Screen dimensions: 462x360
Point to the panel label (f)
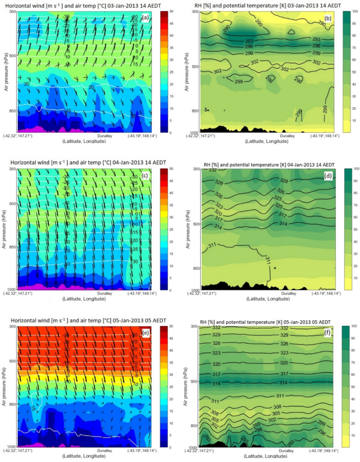(x=327, y=332)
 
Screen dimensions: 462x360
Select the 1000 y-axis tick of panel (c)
(x=11, y=290)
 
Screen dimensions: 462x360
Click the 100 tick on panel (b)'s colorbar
(x=353, y=12)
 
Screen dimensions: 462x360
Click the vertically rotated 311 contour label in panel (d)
(x=267, y=260)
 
